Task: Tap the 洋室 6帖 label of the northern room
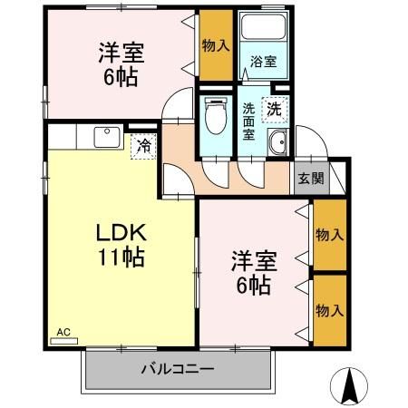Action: click(121, 63)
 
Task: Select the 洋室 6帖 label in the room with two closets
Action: click(253, 272)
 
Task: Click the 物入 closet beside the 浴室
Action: click(215, 44)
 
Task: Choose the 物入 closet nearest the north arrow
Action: click(330, 310)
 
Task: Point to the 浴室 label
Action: click(263, 61)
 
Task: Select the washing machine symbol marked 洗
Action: click(273, 108)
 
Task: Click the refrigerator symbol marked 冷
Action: click(143, 144)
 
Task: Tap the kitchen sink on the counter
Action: click(108, 137)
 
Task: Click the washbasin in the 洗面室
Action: click(277, 142)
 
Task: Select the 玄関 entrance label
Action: click(309, 179)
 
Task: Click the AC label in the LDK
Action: click(63, 333)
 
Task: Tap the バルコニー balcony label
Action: click(178, 369)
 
